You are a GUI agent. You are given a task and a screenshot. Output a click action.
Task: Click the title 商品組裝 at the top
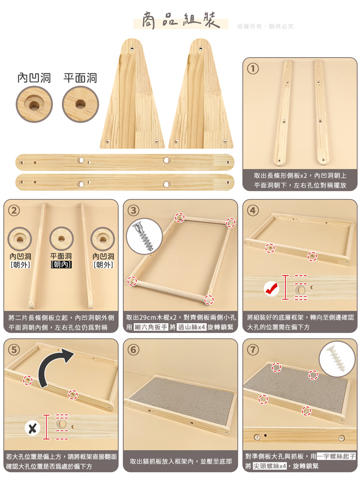181,21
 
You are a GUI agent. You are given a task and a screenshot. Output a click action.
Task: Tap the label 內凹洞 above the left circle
34,78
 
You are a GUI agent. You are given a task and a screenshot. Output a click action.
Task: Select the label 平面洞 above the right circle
80,78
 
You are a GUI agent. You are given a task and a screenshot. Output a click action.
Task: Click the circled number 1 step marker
253,68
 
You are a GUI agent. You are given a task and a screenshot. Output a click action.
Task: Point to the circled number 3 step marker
133,210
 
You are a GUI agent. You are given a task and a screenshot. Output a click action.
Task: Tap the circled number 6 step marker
133,349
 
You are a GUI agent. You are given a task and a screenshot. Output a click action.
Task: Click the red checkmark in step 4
271,289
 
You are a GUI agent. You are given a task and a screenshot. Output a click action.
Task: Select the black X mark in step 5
32,428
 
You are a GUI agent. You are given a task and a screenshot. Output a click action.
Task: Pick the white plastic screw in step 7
336,359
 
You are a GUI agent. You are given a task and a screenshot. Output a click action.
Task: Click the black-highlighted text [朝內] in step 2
61,265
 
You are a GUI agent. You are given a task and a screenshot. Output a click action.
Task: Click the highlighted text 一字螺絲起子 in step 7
336,456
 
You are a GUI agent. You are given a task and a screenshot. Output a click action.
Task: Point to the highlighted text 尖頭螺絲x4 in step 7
270,466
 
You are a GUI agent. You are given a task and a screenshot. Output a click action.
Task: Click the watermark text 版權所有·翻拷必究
265,26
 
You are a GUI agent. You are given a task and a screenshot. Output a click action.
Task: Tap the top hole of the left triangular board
132,49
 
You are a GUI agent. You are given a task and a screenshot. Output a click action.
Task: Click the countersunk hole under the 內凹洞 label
34,104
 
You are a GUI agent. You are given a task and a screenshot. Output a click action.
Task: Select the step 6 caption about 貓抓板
181,461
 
